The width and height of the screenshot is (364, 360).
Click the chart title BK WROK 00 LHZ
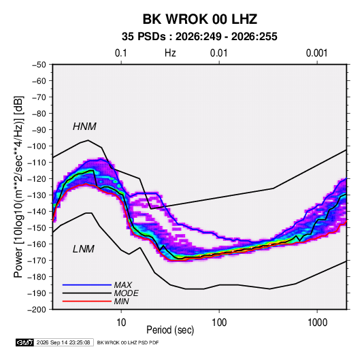[x=199, y=19]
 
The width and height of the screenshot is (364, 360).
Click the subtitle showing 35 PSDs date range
[x=199, y=37]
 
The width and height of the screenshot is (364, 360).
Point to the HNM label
[x=84, y=127]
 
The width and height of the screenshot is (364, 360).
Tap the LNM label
[x=84, y=249]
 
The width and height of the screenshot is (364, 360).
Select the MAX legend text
[x=122, y=285]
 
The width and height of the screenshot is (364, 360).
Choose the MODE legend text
[x=127, y=293]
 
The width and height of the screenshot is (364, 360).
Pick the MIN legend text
[x=121, y=301]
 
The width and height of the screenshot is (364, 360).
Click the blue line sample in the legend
[x=87, y=285]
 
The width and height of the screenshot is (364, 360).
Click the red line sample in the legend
[x=87, y=301]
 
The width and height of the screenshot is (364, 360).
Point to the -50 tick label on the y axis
[x=39, y=65]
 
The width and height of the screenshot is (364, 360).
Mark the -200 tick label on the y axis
[x=37, y=310]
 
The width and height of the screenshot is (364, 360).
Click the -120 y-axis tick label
[x=37, y=179]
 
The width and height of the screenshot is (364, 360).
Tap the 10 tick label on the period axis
[x=121, y=323]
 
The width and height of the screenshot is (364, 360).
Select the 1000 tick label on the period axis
[x=317, y=323]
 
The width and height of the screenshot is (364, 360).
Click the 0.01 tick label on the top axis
[x=218, y=53]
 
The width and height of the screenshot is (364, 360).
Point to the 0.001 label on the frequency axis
[x=316, y=53]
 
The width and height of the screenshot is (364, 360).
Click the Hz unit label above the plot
[x=170, y=53]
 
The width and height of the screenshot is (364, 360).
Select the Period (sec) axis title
[x=170, y=330]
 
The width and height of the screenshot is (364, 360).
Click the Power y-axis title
[x=18, y=187]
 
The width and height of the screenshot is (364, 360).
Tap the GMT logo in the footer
[x=24, y=342]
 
